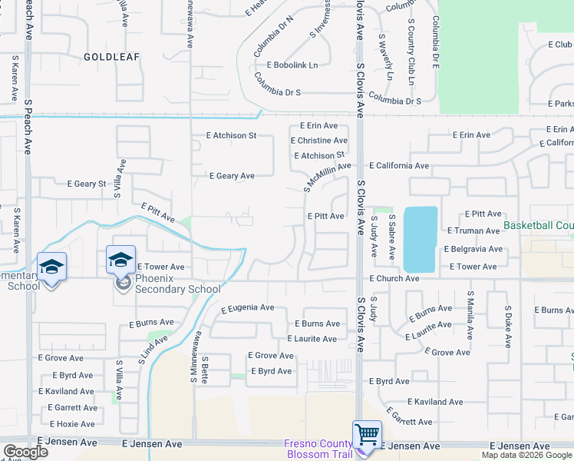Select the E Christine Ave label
coord(319,141)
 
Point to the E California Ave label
coord(399,165)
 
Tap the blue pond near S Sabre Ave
coord(420,238)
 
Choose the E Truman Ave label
coord(473,230)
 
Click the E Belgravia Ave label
coord(473,249)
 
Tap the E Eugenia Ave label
coord(247,308)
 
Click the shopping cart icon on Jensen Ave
coord(367,435)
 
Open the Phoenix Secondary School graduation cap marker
coord(121,260)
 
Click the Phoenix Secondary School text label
coord(178,284)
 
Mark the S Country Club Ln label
coord(411,53)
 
